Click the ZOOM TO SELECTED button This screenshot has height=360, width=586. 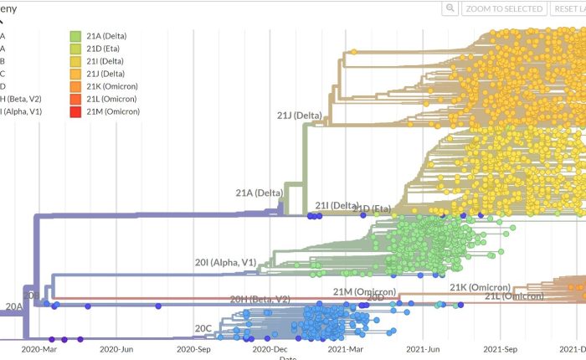pyautogui.click(x=504, y=8)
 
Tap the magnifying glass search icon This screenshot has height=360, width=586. pyautogui.click(x=450, y=8)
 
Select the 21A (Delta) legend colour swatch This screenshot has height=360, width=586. pyautogui.click(x=75, y=36)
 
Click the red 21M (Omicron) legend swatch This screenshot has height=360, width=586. pyautogui.click(x=75, y=111)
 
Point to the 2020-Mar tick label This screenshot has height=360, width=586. pyautogui.click(x=39, y=349)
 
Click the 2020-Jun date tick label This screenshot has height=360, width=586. pyautogui.click(x=116, y=349)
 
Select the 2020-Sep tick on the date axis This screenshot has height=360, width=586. pyautogui.click(x=193, y=349)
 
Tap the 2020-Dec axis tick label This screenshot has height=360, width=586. pyautogui.click(x=270, y=349)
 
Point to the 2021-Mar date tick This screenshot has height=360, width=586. pyautogui.click(x=345, y=349)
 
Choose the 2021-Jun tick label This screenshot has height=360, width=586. pyautogui.click(x=423, y=349)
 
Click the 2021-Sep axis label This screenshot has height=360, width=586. pyautogui.click(x=500, y=349)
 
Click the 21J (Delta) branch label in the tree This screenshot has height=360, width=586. pyautogui.click(x=300, y=115)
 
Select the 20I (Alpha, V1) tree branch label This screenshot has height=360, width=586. pyautogui.click(x=226, y=263)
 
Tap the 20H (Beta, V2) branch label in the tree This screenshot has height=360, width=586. pyautogui.click(x=260, y=299)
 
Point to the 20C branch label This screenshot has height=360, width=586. pyautogui.click(x=203, y=327)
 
